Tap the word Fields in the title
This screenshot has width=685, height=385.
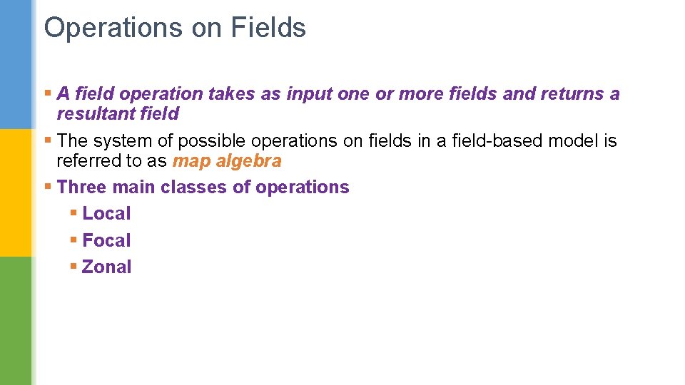[268, 29]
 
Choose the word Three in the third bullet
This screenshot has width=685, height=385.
[80, 188]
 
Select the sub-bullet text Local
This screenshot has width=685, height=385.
[106, 214]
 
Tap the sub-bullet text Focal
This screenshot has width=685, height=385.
[106, 241]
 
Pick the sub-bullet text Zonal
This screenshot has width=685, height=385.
[107, 267]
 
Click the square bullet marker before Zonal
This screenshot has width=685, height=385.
[74, 267]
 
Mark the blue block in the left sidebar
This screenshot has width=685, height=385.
[16, 64]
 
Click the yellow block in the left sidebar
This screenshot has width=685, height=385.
[16, 192]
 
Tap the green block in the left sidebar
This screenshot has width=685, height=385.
[16, 321]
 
